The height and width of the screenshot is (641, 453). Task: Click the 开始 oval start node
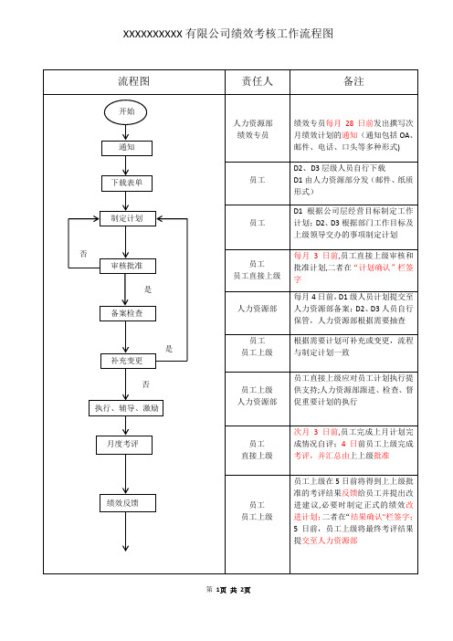tap(125, 112)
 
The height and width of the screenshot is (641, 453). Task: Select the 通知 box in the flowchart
tap(127, 148)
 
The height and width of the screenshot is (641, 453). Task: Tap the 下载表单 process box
tap(127, 184)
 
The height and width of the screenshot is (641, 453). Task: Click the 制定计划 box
tap(128, 219)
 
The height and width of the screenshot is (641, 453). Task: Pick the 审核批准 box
tap(128, 266)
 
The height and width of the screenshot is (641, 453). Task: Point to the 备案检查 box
tap(128, 313)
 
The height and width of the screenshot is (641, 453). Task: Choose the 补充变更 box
tap(128, 361)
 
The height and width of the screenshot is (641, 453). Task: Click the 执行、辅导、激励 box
tap(126, 408)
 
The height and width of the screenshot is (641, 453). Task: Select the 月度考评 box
tap(124, 445)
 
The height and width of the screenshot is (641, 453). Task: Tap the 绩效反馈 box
tap(128, 503)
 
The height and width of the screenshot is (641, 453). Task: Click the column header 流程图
tap(134, 81)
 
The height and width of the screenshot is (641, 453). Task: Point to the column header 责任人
tap(258, 81)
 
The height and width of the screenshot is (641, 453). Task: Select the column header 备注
tap(353, 81)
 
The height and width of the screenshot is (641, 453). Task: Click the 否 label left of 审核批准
tap(83, 254)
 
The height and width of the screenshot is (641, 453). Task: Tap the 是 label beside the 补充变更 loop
tap(169, 349)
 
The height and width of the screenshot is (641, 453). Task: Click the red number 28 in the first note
tap(349, 123)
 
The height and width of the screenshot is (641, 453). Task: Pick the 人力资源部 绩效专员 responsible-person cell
tap(253, 129)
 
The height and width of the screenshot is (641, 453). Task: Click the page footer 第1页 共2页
tap(228, 590)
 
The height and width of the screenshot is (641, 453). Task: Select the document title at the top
tap(228, 33)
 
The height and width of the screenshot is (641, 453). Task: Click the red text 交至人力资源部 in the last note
tap(330, 541)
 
